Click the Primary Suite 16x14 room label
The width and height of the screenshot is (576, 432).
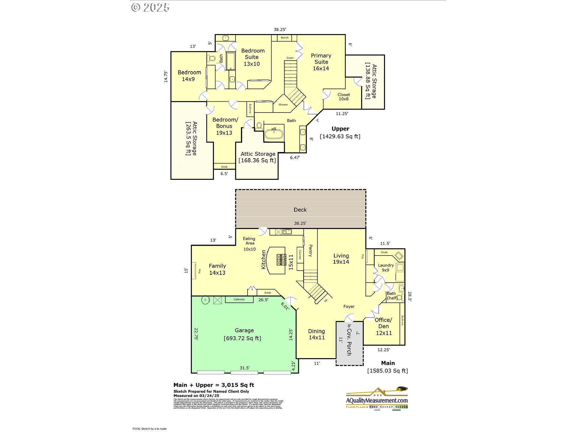pos(321,62)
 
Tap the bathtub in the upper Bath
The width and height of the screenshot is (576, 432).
pos(274,134)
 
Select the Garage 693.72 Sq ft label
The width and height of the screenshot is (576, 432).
pos(243,334)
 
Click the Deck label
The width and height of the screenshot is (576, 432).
pos(300,210)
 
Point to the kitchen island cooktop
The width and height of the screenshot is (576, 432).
pos(281,260)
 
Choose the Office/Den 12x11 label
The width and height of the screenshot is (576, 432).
pos(383,326)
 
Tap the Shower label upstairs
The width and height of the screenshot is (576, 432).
pos(283,105)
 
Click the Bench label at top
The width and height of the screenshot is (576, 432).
pos(284,38)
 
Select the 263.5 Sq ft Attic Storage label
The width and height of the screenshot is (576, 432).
pos(191,138)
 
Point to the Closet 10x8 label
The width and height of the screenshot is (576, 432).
pos(343,97)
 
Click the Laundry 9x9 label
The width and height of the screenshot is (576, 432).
pos(385,268)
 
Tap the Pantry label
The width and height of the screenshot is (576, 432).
pos(310,250)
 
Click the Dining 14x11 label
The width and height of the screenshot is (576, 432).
pos(316,334)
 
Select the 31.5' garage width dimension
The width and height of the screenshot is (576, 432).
pos(244,368)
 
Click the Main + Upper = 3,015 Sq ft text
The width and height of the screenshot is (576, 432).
pos(214,385)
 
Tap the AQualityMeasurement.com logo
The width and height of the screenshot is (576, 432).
pos(377,398)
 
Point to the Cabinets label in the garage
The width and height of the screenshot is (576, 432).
pos(239,299)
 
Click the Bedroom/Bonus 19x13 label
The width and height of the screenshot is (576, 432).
pos(225,126)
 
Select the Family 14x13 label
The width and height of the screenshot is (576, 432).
pos(217,269)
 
